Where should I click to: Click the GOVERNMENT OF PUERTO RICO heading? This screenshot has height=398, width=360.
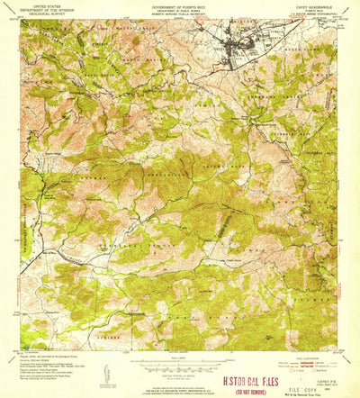179,5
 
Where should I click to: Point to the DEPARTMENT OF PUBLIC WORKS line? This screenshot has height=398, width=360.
179,8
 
